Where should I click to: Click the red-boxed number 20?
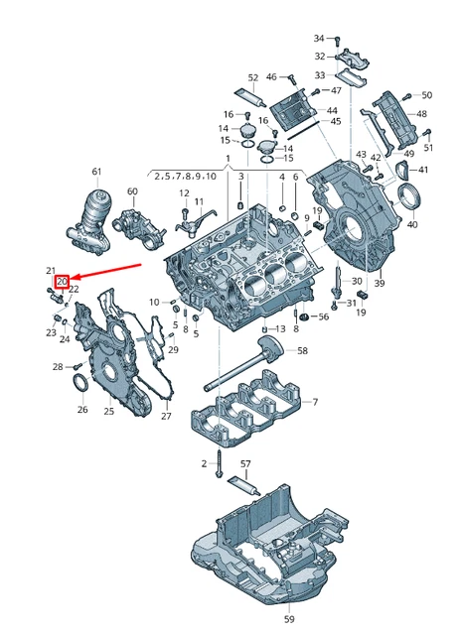point(62,282)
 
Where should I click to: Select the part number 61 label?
point(96,172)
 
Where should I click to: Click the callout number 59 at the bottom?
point(289,618)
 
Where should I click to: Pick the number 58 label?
point(303,350)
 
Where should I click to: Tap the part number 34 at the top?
point(320,38)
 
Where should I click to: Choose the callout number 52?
point(252,77)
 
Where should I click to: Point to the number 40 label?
point(411,224)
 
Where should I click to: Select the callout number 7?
point(315,402)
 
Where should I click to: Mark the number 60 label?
point(132,190)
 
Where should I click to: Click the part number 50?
point(427,95)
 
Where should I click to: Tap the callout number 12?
point(184,192)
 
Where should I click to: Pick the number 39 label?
point(379,283)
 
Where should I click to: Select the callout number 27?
point(166,415)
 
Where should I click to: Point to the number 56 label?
point(322,317)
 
